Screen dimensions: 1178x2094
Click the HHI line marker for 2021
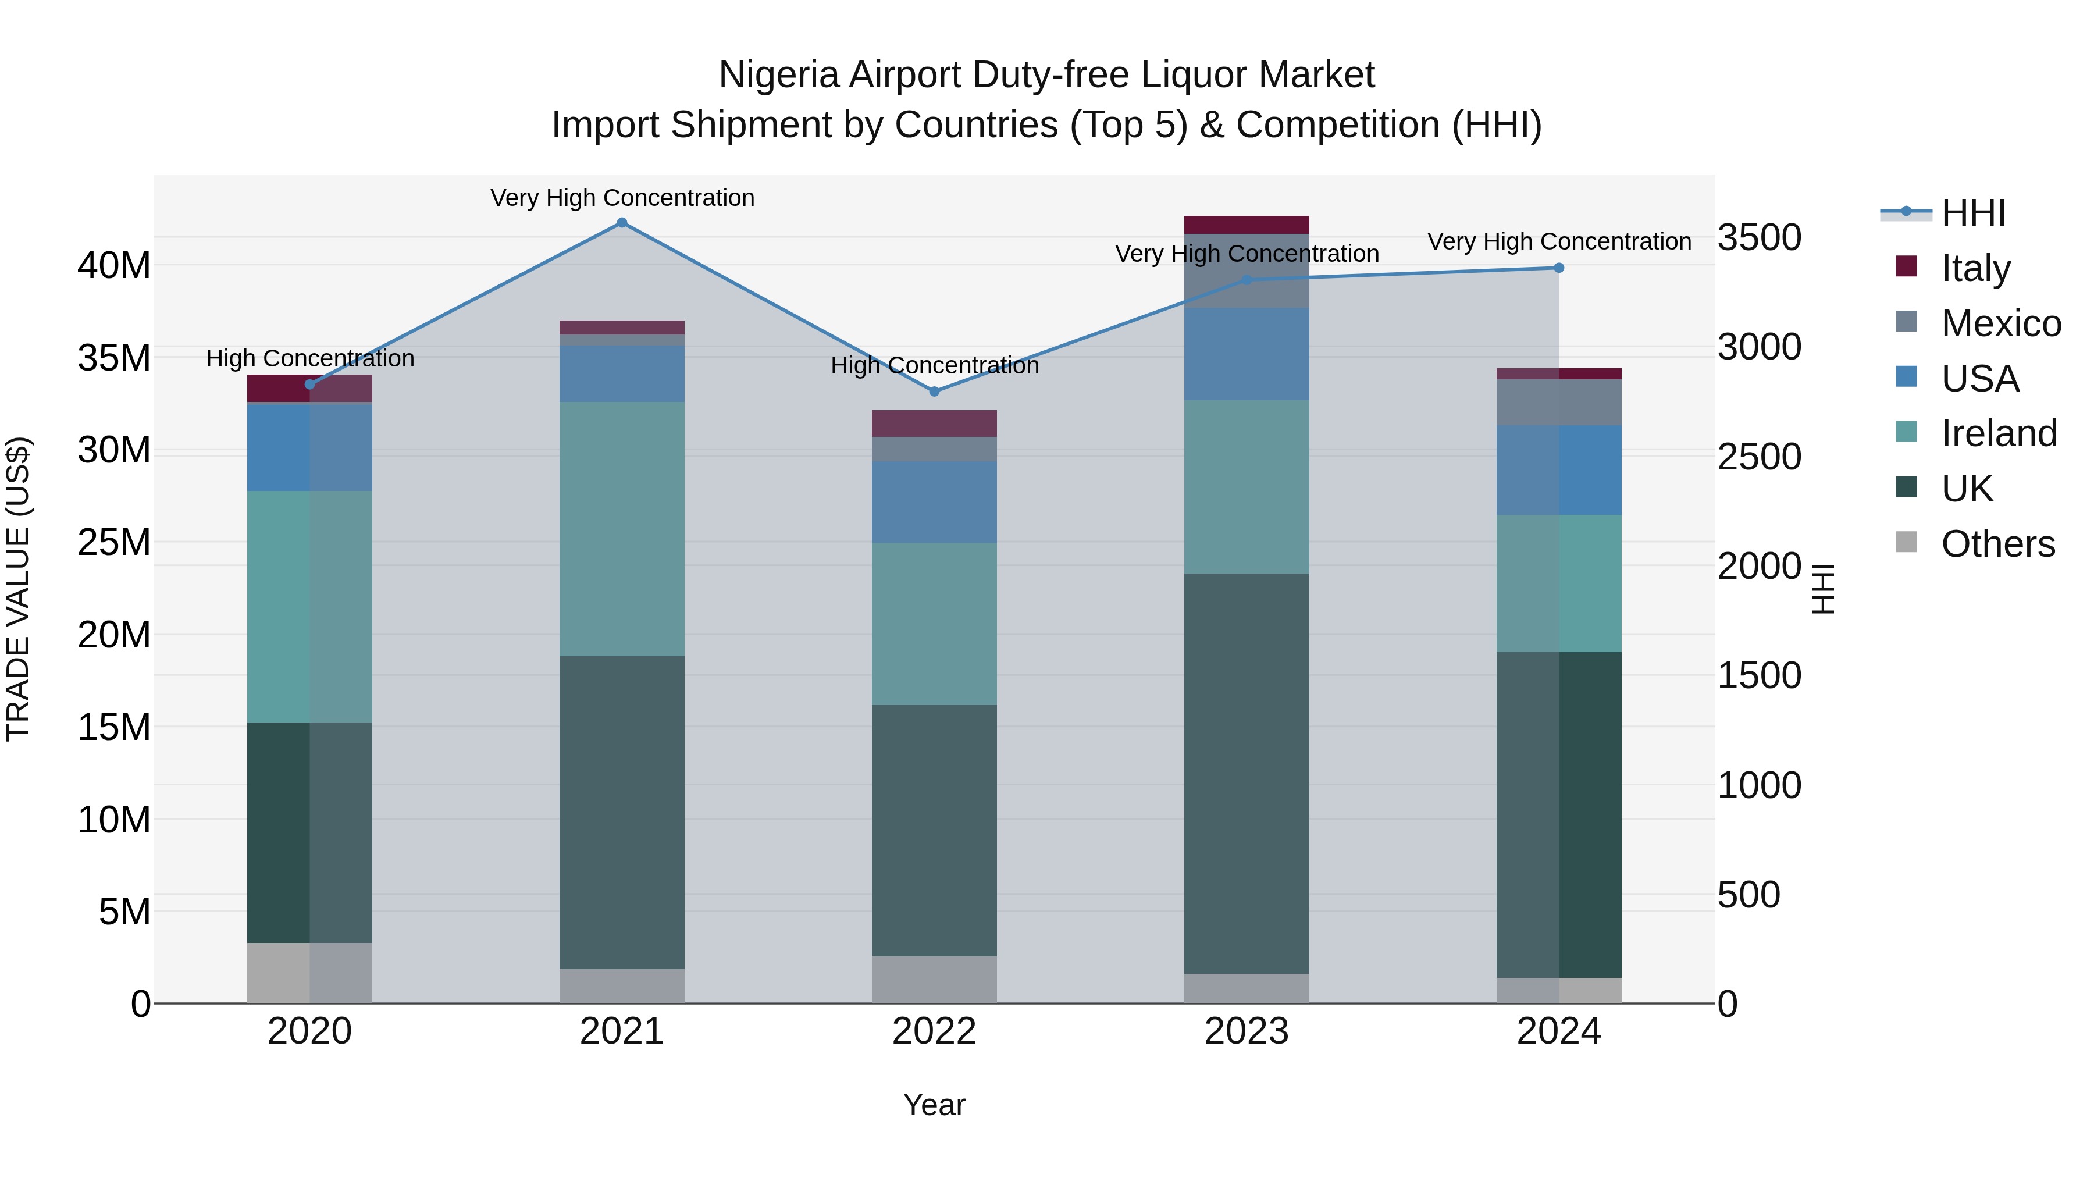tap(622, 223)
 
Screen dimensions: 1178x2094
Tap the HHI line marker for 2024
tap(1558, 268)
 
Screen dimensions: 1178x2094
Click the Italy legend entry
tap(1975, 268)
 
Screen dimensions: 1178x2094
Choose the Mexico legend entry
tap(2000, 323)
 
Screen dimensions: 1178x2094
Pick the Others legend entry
tap(1997, 544)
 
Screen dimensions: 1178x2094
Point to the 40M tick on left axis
tap(114, 265)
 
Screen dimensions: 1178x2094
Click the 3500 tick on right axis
tap(1759, 237)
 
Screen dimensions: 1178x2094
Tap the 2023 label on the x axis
tap(1246, 1031)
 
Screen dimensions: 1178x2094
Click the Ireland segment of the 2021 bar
tap(622, 528)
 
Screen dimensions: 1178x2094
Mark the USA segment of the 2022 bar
tap(934, 501)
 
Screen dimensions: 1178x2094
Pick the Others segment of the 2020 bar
tap(309, 973)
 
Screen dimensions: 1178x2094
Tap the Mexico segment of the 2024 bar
tap(1558, 403)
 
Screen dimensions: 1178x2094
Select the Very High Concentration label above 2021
tap(622, 198)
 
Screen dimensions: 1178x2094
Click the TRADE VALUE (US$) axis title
tap(18, 589)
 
